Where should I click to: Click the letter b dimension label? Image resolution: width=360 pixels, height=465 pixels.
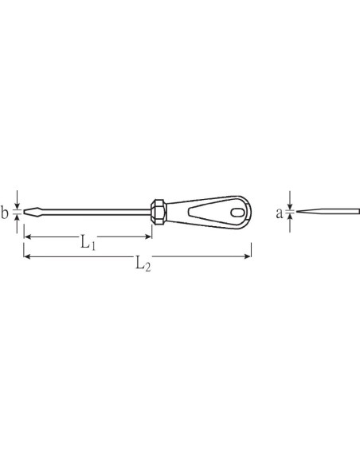point(4,213)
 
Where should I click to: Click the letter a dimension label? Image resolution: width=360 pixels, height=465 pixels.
point(280,213)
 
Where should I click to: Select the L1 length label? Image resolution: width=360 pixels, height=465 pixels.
point(88,241)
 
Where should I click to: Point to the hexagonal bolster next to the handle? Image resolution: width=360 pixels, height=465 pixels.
point(158,212)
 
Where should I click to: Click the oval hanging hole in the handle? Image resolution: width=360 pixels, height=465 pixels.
point(237,213)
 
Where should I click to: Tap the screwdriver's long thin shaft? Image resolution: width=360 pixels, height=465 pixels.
point(95,212)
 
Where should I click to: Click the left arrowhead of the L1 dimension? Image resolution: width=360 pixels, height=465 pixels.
point(28,236)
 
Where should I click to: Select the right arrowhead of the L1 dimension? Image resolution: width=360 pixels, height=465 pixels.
point(147,236)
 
